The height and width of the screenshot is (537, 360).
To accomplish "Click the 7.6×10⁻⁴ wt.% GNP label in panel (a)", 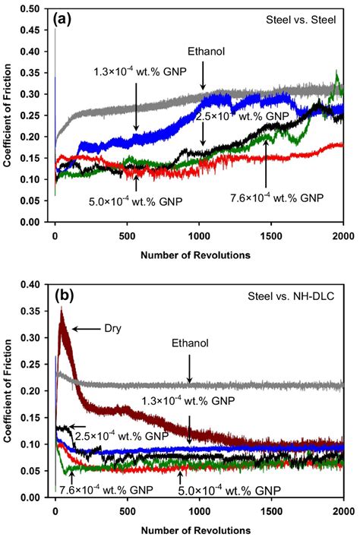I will [276, 197].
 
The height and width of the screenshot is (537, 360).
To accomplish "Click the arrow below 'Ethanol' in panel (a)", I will [204, 75].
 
